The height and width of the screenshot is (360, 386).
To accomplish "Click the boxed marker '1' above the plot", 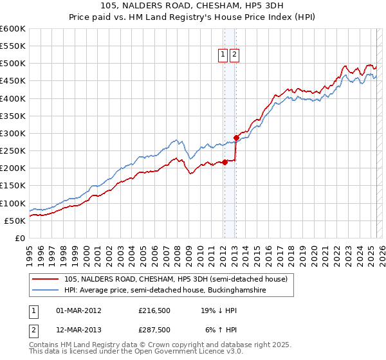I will [223, 55].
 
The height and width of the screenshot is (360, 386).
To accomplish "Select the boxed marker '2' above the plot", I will [234, 55].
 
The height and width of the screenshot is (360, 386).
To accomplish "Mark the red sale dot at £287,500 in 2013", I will [236, 138].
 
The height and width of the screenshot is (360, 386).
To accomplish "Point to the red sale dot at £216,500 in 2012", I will [225, 162].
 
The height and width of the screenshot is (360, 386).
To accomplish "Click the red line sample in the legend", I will [46, 279].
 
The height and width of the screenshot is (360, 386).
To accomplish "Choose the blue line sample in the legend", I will [46, 291].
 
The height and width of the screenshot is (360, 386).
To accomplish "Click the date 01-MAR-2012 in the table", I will [78, 310].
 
